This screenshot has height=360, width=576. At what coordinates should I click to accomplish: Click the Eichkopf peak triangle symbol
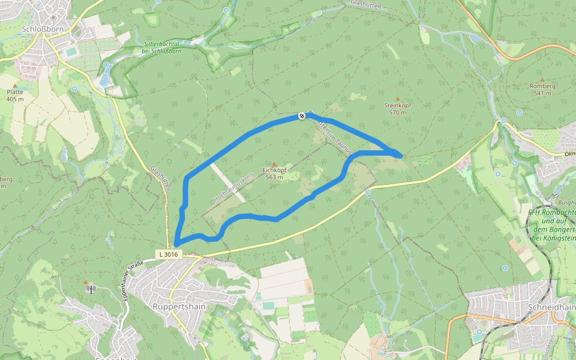[x=275, y=164]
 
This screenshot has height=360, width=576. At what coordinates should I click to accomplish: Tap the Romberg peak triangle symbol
[x=542, y=79]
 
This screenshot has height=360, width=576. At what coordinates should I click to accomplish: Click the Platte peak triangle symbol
[x=15, y=85]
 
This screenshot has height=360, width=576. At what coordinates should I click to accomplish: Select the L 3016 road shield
[x=169, y=254]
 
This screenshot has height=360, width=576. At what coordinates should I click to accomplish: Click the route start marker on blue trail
[x=302, y=116]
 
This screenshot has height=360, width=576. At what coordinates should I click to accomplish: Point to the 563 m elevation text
[x=274, y=178]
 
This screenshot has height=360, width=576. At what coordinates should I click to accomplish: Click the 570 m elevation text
[x=398, y=112]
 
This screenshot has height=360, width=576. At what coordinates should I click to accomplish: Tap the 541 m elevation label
[x=542, y=93]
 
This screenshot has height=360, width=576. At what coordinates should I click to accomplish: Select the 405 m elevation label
[x=15, y=99]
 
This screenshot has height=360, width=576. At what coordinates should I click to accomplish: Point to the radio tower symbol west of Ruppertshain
[x=91, y=289]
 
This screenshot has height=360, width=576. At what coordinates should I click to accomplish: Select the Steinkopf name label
[x=398, y=106]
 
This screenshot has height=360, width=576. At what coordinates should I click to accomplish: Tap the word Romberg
[x=542, y=86]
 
